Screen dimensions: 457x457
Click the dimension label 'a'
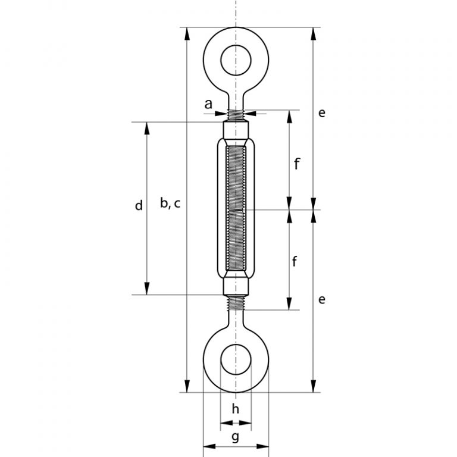[x=208, y=104]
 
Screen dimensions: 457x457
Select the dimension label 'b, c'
[x=170, y=204]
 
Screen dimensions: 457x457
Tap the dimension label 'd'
[x=139, y=206]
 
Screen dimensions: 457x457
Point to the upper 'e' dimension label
[x=321, y=112]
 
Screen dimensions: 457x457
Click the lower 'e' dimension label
[x=321, y=299]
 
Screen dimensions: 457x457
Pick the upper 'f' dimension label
[x=296, y=163]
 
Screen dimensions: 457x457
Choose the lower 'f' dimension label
[x=295, y=261]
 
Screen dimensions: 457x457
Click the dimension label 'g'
[x=235, y=437]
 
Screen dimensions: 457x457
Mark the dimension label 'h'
[x=236, y=409]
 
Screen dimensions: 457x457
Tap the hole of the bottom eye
[x=236, y=359]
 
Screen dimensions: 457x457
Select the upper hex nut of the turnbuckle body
[x=236, y=130]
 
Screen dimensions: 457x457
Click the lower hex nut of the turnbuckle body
[x=236, y=287]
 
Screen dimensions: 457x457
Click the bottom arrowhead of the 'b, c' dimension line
[x=188, y=387]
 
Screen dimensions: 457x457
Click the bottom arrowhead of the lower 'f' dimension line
[x=290, y=305]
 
